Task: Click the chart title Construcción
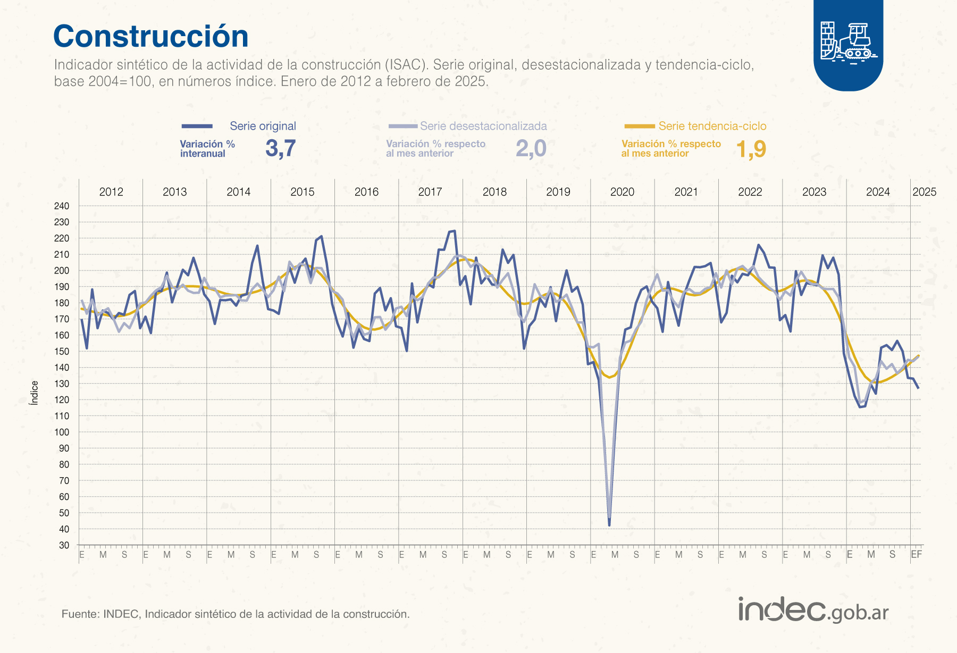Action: click(151, 37)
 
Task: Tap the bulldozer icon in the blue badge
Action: click(849, 42)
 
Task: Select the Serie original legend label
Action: click(263, 126)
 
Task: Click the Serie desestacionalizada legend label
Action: click(483, 126)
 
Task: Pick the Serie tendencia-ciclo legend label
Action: click(712, 126)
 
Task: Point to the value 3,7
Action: click(280, 148)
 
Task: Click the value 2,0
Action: click(531, 148)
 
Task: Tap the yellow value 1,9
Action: click(751, 149)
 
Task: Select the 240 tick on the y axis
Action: click(62, 206)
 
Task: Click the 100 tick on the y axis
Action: click(62, 432)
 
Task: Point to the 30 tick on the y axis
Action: click(64, 545)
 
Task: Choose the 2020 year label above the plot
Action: click(622, 192)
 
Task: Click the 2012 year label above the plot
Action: click(111, 192)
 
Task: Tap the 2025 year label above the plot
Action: click(924, 192)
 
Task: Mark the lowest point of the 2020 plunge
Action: click(609, 525)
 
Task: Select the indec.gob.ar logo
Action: click(813, 609)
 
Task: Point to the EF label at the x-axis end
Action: click(916, 555)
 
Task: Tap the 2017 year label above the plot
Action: click(430, 192)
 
